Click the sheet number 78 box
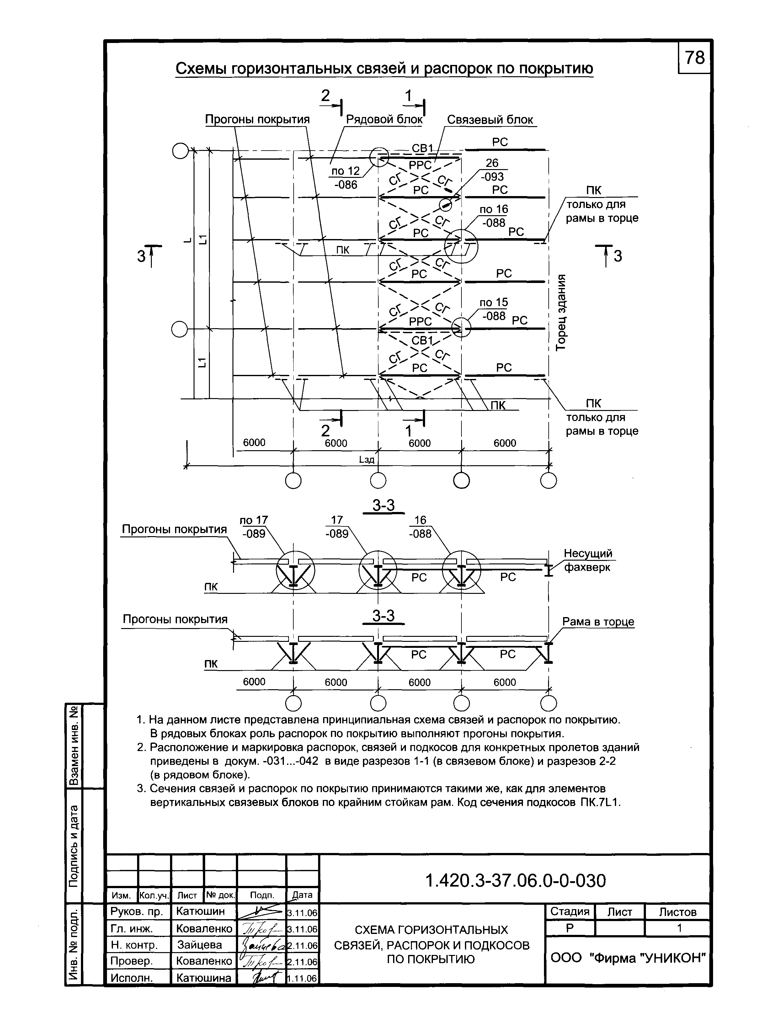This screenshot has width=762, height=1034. click(694, 58)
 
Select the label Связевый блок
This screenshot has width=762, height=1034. click(490, 120)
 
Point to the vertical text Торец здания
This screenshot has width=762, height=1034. click(561, 312)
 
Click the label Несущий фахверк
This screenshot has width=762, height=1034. click(588, 560)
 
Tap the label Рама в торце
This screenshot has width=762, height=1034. click(598, 622)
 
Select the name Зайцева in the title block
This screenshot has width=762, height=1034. click(200, 945)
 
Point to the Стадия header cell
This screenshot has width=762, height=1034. click(570, 912)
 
